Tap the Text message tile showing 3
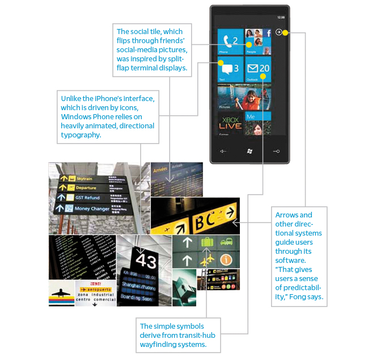click(230, 69)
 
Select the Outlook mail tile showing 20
click(258, 69)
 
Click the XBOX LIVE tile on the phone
click(230, 124)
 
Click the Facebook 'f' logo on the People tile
click(267, 33)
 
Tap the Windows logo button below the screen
click(250, 151)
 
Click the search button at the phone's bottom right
click(276, 151)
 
